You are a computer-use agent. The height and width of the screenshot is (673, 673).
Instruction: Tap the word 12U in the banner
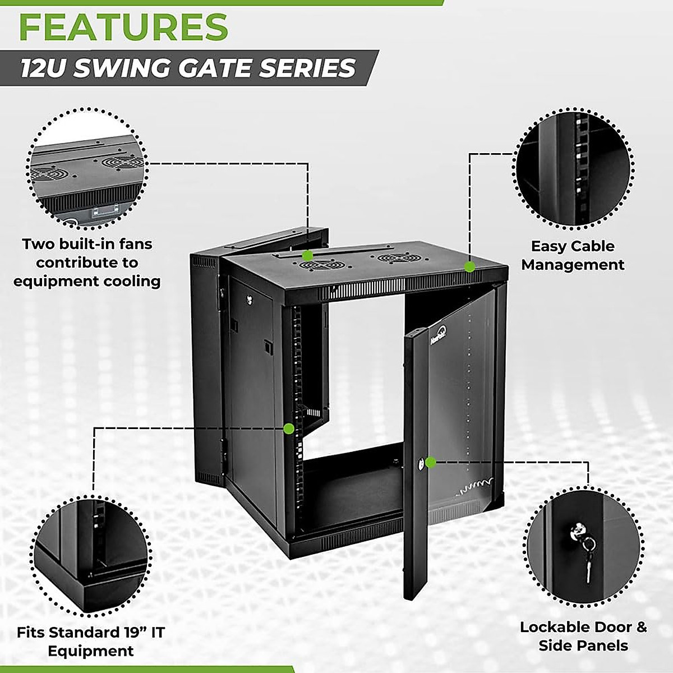click(45, 68)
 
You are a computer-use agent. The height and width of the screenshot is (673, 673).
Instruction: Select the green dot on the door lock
click(431, 462)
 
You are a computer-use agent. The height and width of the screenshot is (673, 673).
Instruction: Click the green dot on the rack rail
click(288, 429)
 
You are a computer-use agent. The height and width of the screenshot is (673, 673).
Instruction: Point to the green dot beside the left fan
click(307, 255)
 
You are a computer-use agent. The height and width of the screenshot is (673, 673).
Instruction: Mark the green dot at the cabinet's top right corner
click(470, 266)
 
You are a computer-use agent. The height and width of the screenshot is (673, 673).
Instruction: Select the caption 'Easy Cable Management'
click(573, 255)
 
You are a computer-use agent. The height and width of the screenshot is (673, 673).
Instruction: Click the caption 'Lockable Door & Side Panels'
click(583, 636)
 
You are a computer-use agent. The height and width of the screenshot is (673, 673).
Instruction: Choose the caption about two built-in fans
click(87, 262)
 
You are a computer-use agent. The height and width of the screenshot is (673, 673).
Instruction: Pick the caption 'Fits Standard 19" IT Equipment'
click(91, 642)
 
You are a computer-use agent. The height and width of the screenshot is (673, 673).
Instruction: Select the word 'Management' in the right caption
click(573, 265)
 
